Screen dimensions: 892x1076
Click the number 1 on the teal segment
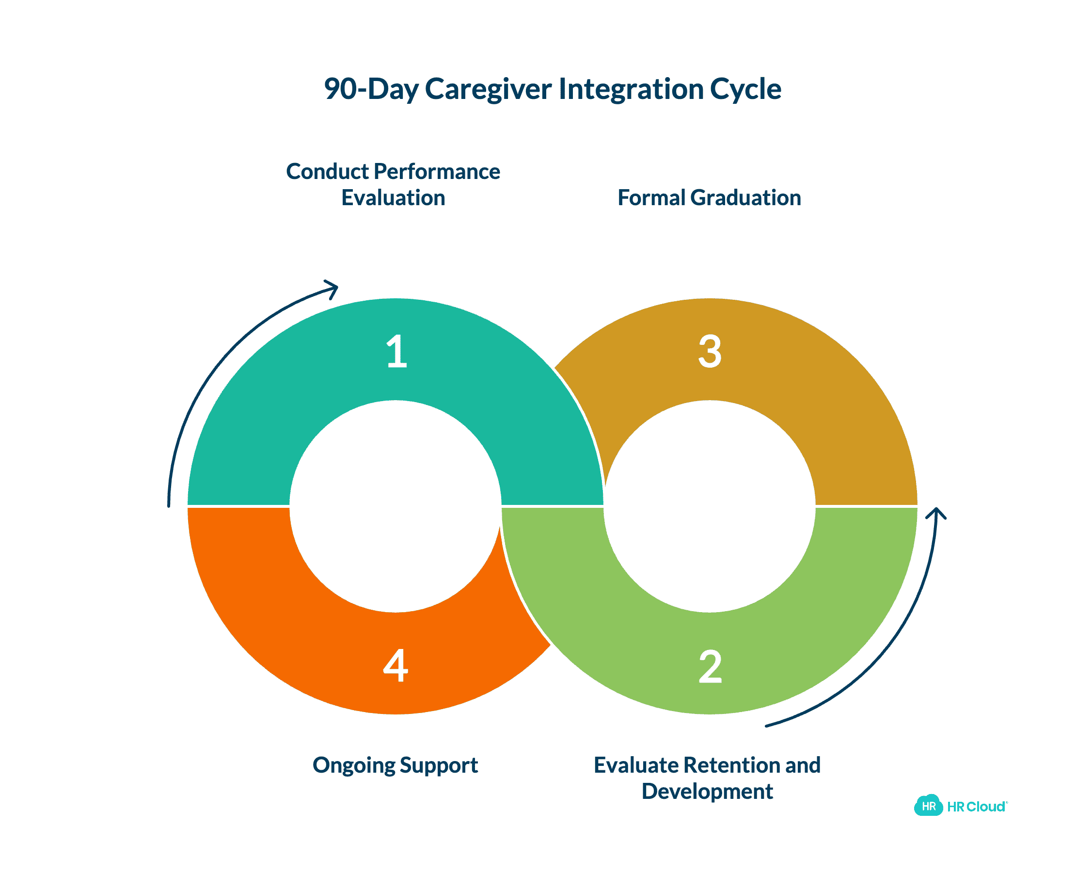[396, 352]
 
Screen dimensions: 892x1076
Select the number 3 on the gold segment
[710, 352]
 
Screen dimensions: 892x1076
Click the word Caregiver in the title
[488, 89]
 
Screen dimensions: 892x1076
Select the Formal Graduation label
[709, 198]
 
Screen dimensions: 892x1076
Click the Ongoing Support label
[395, 765]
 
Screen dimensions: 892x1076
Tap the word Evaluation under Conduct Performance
[393, 198]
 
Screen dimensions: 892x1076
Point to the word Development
[707, 792]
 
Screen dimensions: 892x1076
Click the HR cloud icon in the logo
[928, 806]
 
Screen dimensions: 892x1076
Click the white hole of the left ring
[396, 506]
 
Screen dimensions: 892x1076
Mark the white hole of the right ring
[710, 506]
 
